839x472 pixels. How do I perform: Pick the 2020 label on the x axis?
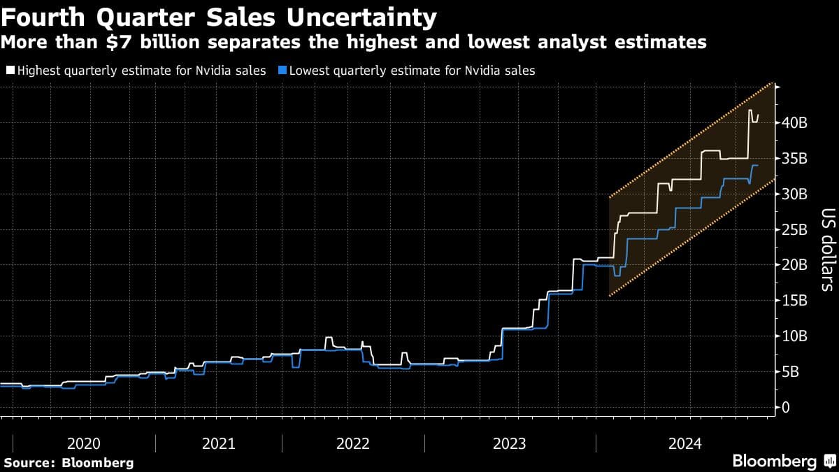84,443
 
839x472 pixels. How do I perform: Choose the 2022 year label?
353,443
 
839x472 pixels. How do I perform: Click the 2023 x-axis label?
510,443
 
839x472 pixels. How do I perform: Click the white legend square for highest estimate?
10,71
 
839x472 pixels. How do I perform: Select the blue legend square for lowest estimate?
281,71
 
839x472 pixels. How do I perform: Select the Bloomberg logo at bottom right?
774,462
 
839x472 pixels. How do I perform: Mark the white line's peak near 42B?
750,110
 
